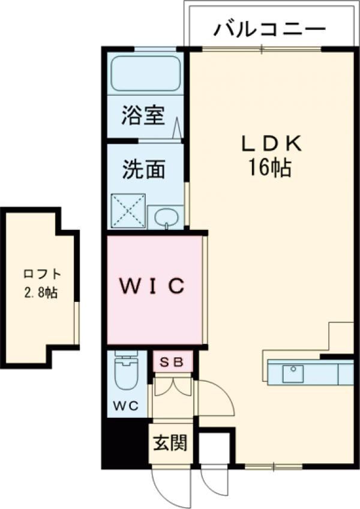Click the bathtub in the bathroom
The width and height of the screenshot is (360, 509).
(x=146, y=73)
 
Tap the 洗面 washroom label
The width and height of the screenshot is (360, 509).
(x=143, y=170)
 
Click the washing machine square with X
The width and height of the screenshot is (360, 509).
(x=128, y=211)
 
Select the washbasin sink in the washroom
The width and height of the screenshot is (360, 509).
(x=165, y=218)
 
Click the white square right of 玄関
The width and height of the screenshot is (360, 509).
(x=213, y=447)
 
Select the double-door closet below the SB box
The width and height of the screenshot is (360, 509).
(x=172, y=387)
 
